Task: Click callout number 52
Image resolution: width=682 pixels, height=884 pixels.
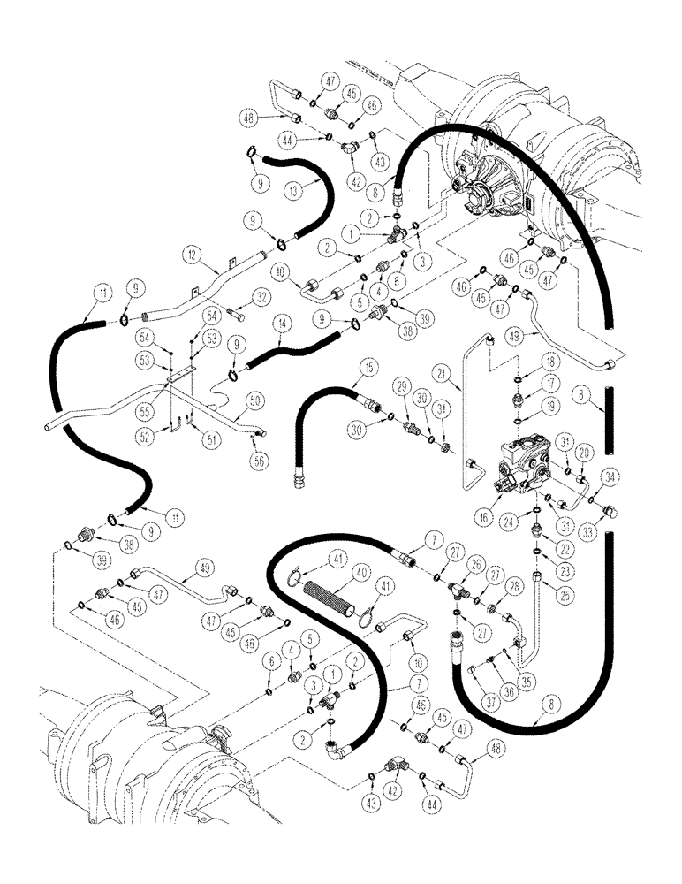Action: pyautogui.click(x=151, y=432)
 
